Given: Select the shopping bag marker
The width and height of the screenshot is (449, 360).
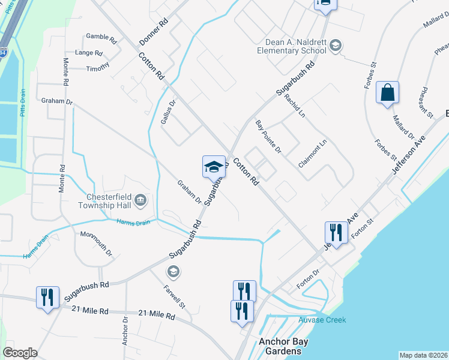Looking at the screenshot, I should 388,94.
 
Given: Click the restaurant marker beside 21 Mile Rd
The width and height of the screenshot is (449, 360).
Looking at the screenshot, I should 47,297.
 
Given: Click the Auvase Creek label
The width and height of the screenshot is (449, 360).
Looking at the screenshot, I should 322,320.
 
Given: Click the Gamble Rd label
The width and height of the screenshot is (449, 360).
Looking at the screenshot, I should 101,38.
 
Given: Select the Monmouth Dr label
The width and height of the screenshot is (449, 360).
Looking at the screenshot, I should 96,243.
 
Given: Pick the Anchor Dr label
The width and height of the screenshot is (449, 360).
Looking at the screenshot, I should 125,331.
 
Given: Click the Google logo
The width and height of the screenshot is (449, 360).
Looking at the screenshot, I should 20,353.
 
